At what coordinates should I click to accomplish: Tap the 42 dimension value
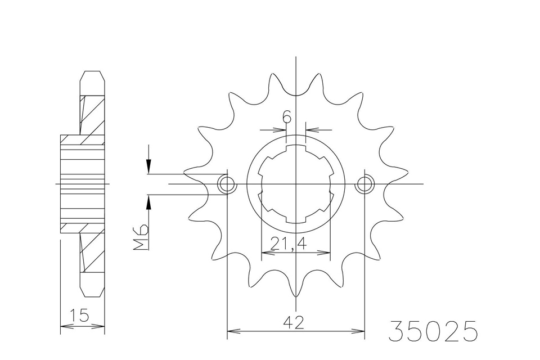tap(294, 323)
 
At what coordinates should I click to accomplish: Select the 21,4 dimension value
tap(288, 244)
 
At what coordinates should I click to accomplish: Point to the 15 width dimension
tap(79, 315)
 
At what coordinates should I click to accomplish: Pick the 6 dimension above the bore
tap(287, 117)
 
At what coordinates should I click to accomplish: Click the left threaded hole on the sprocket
tap(227, 184)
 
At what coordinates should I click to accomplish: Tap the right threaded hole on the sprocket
tap(364, 184)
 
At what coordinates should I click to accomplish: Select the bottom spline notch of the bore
tap(295, 220)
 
